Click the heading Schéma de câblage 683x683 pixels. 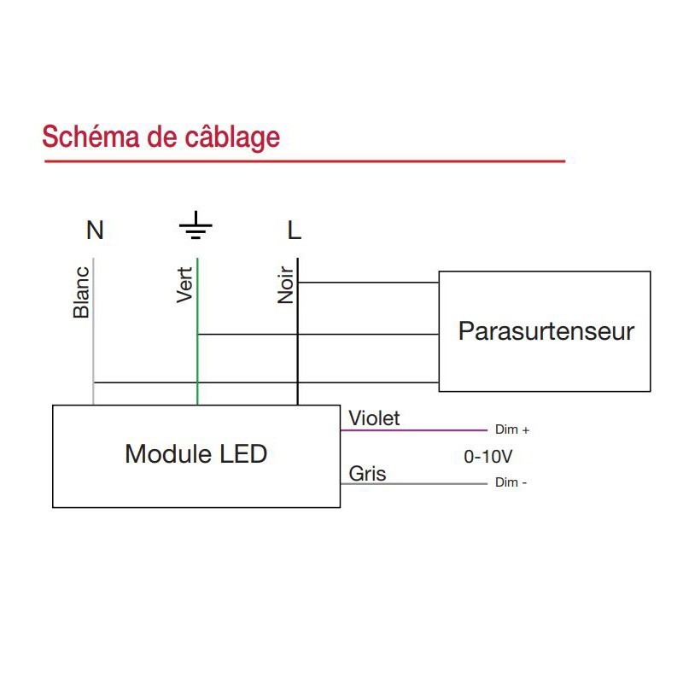[x=161, y=137]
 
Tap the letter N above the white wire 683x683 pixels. [x=95, y=231]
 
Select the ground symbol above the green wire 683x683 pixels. [x=196, y=226]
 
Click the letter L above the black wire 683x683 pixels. [x=295, y=231]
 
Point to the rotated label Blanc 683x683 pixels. [x=82, y=293]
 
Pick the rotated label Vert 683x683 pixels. [x=185, y=285]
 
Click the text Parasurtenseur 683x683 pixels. [x=546, y=331]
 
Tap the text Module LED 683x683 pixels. [x=196, y=453]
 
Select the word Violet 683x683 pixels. [x=374, y=418]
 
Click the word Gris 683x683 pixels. [x=367, y=474]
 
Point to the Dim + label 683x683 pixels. [x=512, y=430]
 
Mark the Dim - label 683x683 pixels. [x=511, y=483]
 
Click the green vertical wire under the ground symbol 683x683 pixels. [x=197, y=359]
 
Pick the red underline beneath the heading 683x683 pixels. [x=304, y=161]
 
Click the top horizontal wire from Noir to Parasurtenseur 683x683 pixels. [x=367, y=282]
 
